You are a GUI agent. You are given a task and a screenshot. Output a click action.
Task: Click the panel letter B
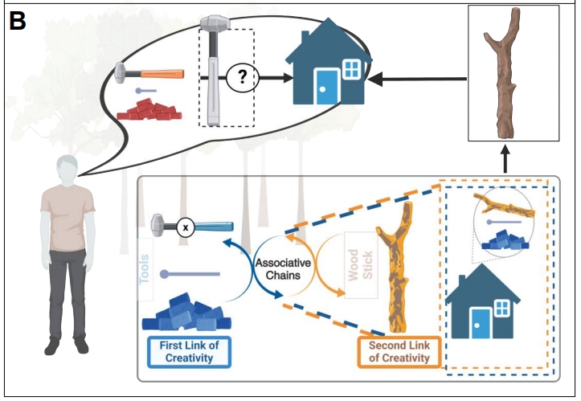tap(18, 19)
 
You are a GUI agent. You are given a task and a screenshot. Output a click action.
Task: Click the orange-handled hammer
tap(150, 72)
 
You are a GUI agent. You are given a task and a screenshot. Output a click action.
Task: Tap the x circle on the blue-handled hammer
tap(186, 227)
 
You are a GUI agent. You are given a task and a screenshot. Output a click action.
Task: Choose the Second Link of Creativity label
tap(399, 352)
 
